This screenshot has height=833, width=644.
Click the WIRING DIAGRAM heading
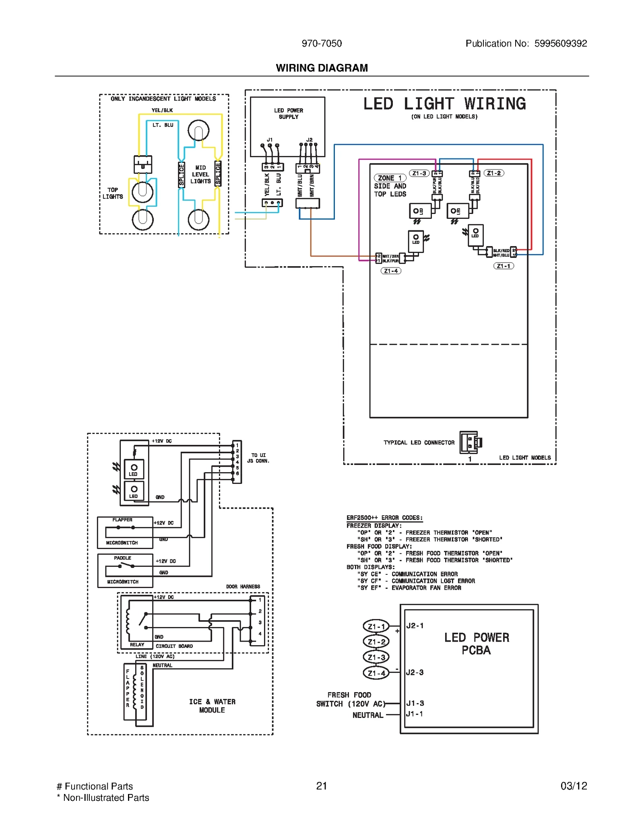(322, 68)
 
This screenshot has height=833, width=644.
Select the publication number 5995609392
(560, 43)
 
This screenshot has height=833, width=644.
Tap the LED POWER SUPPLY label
(288, 113)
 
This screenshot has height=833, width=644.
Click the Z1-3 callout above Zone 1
(419, 173)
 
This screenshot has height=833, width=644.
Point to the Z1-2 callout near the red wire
(494, 173)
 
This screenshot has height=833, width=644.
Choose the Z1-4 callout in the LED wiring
(390, 271)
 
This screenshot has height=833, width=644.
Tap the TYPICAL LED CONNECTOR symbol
(471, 442)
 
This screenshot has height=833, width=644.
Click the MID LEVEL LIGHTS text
(200, 175)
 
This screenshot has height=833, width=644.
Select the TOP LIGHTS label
(113, 193)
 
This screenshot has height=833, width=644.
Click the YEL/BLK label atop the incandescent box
(162, 110)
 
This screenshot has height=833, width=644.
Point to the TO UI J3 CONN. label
(258, 458)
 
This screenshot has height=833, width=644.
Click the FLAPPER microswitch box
(125, 532)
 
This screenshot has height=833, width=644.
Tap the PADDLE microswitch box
(125, 570)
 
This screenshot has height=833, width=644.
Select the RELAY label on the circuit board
(137, 645)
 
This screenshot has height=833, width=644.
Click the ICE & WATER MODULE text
(212, 706)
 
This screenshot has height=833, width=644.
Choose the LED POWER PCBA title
(476, 644)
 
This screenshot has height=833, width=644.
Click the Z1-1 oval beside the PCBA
(376, 627)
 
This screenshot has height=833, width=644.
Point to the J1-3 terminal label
(415, 703)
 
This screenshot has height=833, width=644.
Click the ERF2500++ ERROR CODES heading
(384, 518)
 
